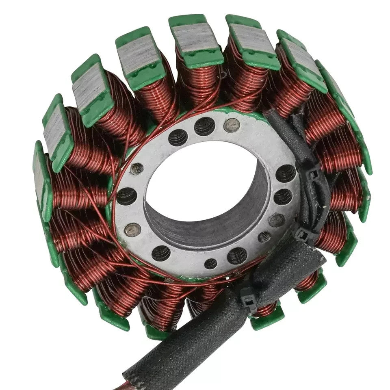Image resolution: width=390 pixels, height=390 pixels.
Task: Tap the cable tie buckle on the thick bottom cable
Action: (x=248, y=300)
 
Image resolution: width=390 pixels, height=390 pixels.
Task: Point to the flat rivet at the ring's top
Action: (x=232, y=125)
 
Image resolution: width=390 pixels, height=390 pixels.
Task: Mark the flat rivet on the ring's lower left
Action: (x=132, y=230)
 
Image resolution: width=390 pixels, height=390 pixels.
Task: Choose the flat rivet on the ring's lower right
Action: (x=276, y=220)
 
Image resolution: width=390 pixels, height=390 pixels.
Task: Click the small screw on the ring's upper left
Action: (x=137, y=168)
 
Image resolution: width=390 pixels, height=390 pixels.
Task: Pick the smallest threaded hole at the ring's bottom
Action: (x=210, y=264)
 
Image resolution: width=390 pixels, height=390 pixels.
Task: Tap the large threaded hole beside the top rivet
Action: (x=204, y=126)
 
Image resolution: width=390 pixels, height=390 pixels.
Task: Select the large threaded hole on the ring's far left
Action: (x=126, y=196)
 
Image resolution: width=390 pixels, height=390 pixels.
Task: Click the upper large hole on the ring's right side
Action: (x=286, y=173)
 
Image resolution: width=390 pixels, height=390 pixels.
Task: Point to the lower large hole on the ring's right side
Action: (x=283, y=197)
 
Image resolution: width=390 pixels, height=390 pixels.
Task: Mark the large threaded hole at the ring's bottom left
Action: (x=161, y=253)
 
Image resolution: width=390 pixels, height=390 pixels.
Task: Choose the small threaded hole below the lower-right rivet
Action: (x=264, y=237)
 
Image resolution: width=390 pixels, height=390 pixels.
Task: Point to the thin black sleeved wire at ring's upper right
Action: (x=284, y=130)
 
